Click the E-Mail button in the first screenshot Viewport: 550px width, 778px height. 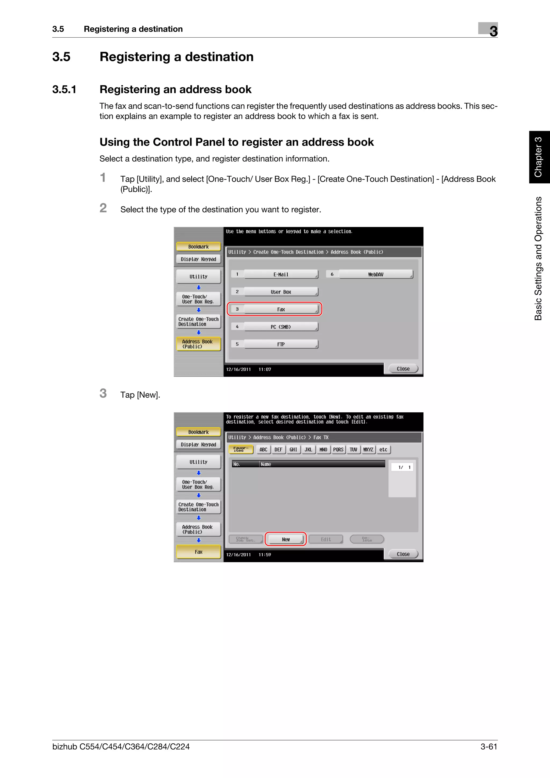pos(281,274)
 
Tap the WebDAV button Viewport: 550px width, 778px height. pos(375,274)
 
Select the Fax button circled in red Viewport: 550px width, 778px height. pos(281,309)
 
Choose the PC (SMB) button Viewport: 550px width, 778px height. pos(281,327)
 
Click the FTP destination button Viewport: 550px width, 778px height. pos(281,344)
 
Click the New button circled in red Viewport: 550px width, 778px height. pos(286,539)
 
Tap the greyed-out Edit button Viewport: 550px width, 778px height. pos(326,539)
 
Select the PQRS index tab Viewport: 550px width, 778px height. pos(338,449)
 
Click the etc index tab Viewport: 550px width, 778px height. pos(383,449)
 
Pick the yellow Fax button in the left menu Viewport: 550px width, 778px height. pos(198,552)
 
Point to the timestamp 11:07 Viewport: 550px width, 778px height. pos(265,369)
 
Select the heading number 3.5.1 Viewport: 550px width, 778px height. pos(64,89)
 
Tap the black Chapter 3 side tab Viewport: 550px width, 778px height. pos(539,157)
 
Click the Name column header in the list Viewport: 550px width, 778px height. pos(266,464)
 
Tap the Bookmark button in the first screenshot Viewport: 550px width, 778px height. pos(198,247)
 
